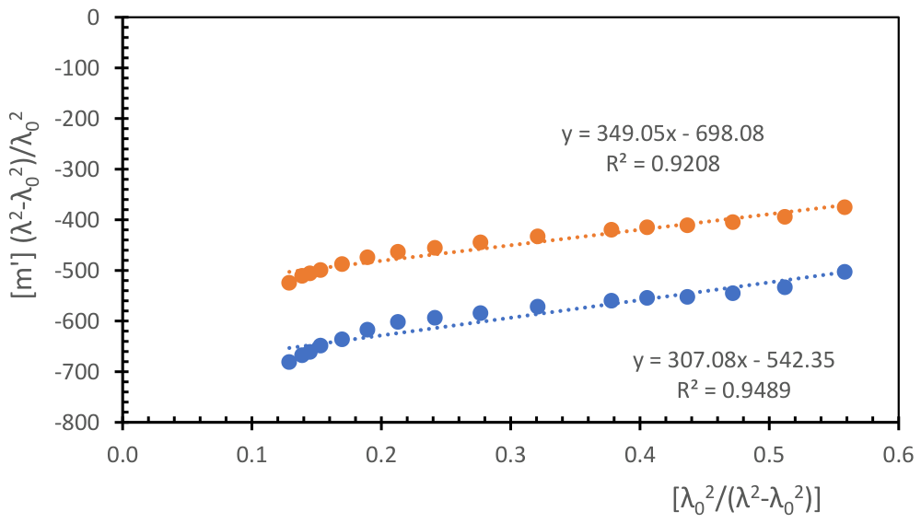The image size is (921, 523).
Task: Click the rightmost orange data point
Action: click(845, 207)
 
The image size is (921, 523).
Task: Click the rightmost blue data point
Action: click(845, 272)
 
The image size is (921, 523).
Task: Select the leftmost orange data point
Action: click(289, 283)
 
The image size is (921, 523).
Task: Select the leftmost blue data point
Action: click(289, 362)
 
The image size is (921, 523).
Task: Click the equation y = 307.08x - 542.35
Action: click(734, 361)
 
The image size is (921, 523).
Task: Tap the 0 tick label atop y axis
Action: click(93, 17)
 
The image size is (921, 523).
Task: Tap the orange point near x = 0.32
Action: click(538, 237)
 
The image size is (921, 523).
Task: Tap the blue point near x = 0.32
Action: click(538, 307)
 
